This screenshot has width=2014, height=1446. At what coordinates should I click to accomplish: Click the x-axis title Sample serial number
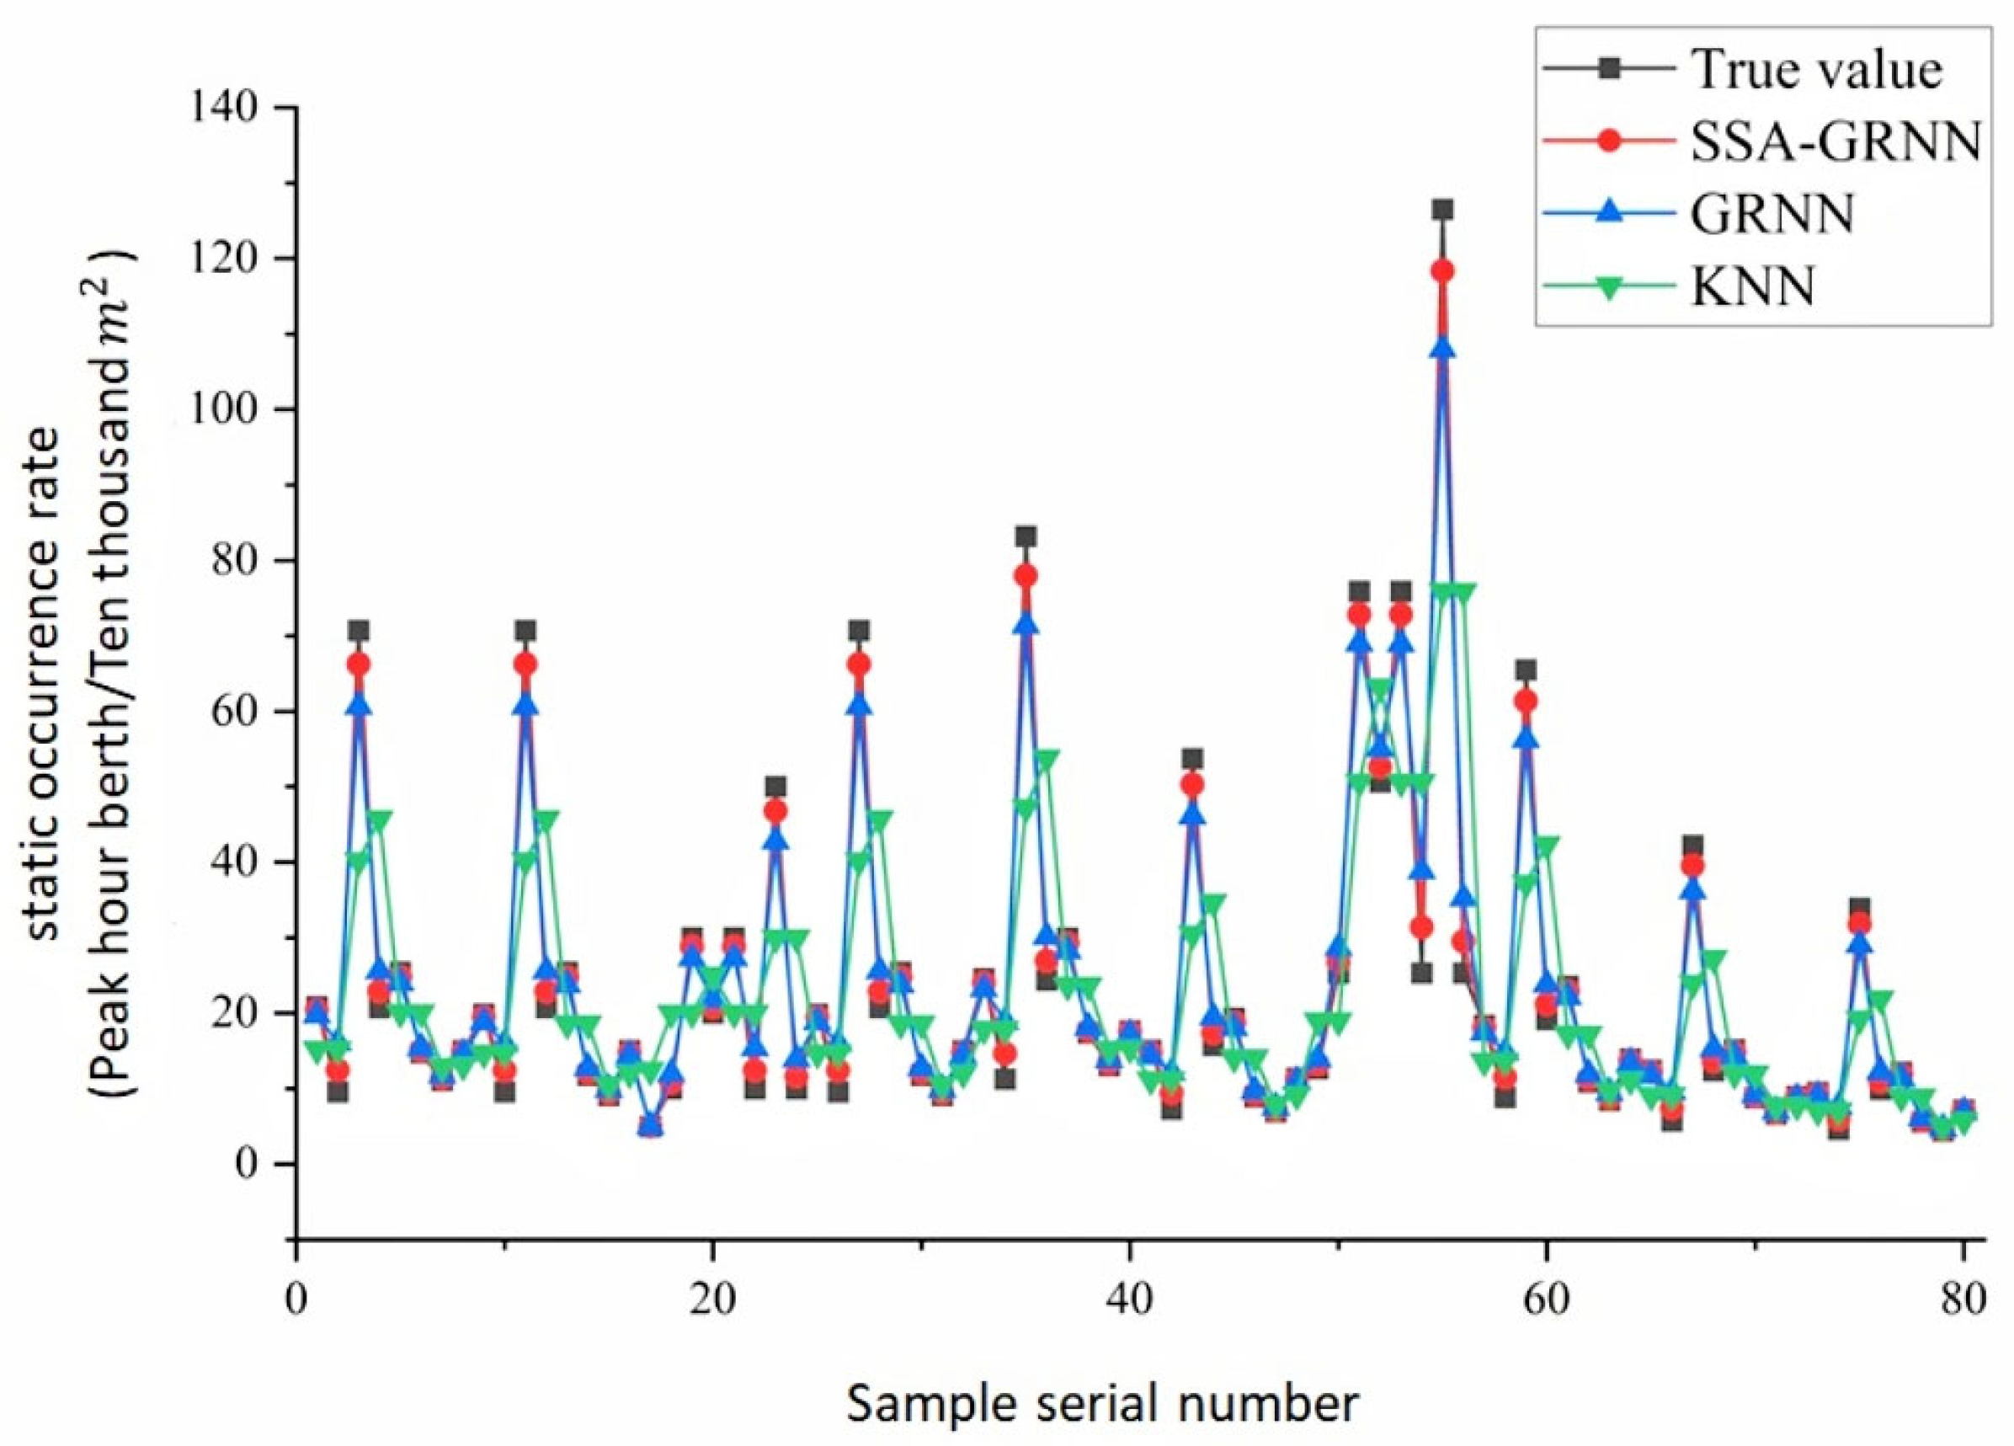[x=1102, y=1404]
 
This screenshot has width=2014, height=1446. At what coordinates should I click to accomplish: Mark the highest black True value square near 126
[x=1443, y=210]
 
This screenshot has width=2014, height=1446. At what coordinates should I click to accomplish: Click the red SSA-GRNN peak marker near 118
[x=1443, y=271]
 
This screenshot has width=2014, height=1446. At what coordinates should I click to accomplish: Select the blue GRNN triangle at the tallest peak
[x=1443, y=349]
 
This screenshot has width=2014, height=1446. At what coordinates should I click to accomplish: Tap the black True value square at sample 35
[x=1026, y=536]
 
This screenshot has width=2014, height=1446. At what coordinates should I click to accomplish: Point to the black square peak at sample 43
[x=1192, y=759]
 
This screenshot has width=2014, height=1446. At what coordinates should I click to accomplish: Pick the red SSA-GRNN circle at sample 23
[x=776, y=811]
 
